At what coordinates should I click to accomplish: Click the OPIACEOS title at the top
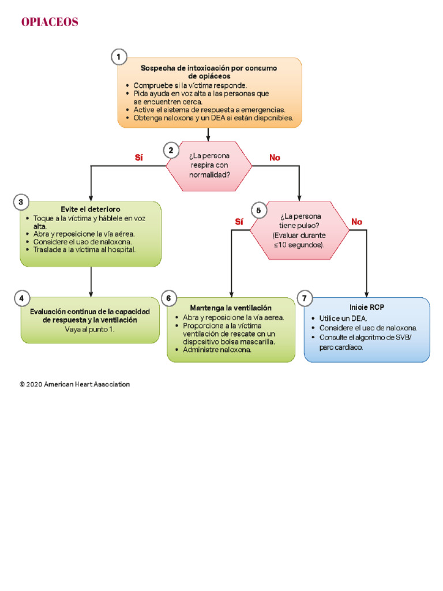(50, 23)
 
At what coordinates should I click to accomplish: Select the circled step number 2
(170, 151)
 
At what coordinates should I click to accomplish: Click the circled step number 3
(21, 202)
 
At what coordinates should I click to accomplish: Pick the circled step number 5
(258, 210)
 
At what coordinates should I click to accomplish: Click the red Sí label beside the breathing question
(138, 158)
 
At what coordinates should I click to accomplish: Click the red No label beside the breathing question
(275, 158)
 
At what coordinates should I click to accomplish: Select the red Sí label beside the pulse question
(239, 222)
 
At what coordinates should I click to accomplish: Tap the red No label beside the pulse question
(356, 222)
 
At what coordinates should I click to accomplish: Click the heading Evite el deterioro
(90, 209)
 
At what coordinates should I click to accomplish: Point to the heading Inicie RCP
(366, 307)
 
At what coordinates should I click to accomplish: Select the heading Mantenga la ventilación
(231, 308)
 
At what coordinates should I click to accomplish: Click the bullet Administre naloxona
(217, 350)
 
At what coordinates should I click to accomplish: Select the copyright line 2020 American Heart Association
(74, 384)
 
